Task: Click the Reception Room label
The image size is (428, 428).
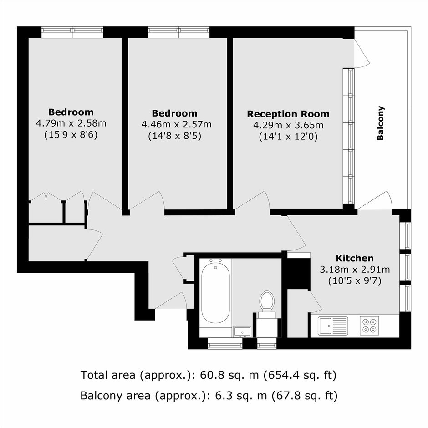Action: click(288, 114)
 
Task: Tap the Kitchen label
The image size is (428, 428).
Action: click(355, 258)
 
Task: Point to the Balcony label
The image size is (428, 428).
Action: click(381, 123)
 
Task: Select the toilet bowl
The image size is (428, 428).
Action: click(266, 301)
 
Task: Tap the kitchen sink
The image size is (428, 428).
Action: click(333, 326)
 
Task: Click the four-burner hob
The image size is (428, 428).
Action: click(369, 326)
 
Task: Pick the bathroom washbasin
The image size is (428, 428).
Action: click(242, 331)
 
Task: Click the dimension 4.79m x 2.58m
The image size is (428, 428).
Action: click(71, 123)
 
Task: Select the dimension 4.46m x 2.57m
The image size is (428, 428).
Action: click(176, 125)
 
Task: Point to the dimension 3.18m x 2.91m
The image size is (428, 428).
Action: click(355, 270)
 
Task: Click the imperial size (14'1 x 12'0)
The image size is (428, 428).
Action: click(288, 137)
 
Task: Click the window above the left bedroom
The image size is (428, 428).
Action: click(72, 32)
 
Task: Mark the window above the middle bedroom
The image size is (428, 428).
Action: click(179, 32)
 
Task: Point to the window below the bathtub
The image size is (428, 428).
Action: click(225, 343)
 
